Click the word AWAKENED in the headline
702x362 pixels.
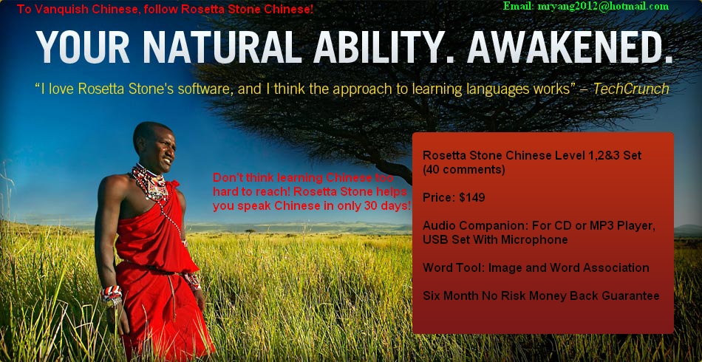(570, 47)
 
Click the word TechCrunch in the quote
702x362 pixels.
(631, 89)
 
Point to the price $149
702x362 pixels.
(472, 198)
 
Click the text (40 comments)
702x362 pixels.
(464, 170)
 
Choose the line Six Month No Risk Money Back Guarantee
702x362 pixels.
(541, 296)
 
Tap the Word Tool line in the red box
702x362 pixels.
(536, 268)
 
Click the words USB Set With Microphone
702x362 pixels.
(495, 240)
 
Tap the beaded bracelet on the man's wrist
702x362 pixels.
(111, 295)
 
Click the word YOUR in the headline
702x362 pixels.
(83, 47)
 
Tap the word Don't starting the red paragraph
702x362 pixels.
(227, 177)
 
